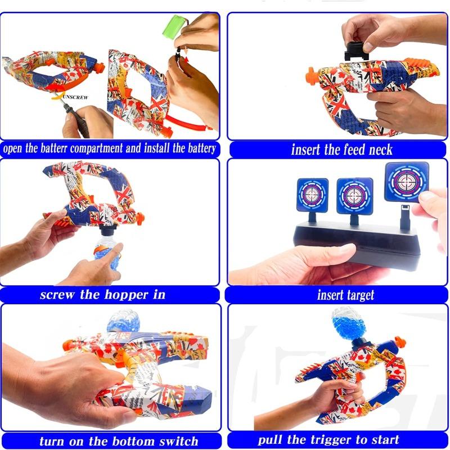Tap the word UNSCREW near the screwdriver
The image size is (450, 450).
pos(75,97)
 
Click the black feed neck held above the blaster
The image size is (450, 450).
pos(356,51)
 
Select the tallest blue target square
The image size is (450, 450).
pos(406,182)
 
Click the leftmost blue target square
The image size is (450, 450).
pos(313,195)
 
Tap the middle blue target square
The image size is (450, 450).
pos(355,196)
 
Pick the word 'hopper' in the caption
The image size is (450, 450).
pos(127,295)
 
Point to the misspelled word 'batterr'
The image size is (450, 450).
pos(53,148)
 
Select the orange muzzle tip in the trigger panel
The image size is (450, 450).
pos(400,342)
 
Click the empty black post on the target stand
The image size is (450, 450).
pos(404,217)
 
